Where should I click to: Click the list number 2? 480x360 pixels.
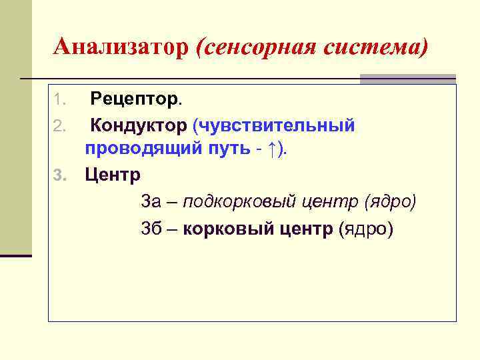coord(59,125)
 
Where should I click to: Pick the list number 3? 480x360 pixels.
coord(59,176)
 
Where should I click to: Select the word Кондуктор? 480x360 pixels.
coord(139,125)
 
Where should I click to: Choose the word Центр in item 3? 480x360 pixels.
coord(113,175)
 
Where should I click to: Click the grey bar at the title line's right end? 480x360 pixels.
coord(408,79)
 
